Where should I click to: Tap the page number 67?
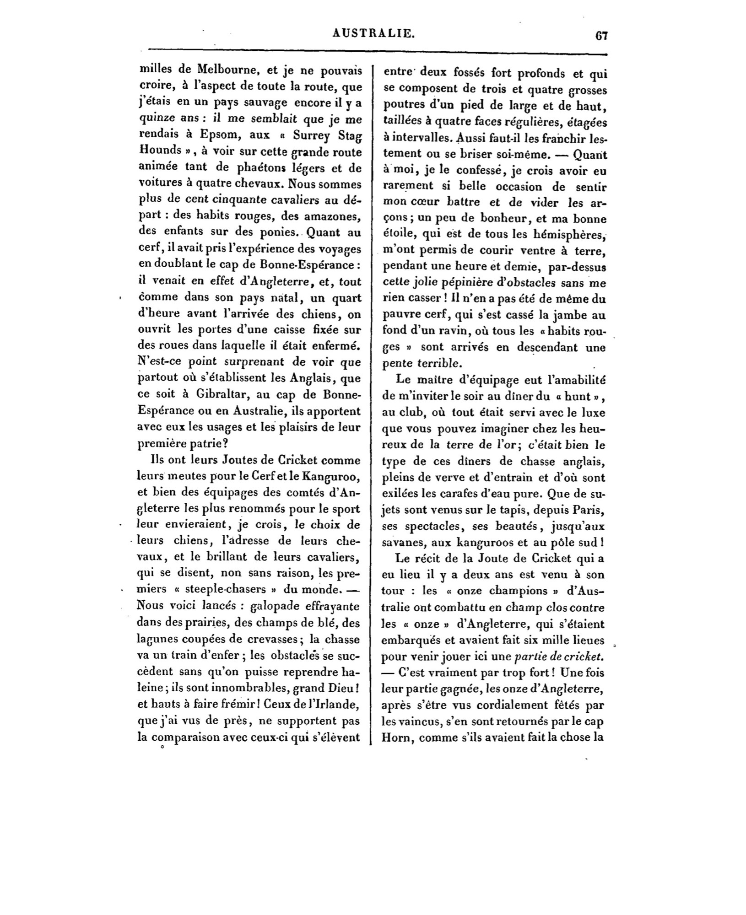601,36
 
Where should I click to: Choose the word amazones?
327,216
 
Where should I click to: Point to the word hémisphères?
567,235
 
